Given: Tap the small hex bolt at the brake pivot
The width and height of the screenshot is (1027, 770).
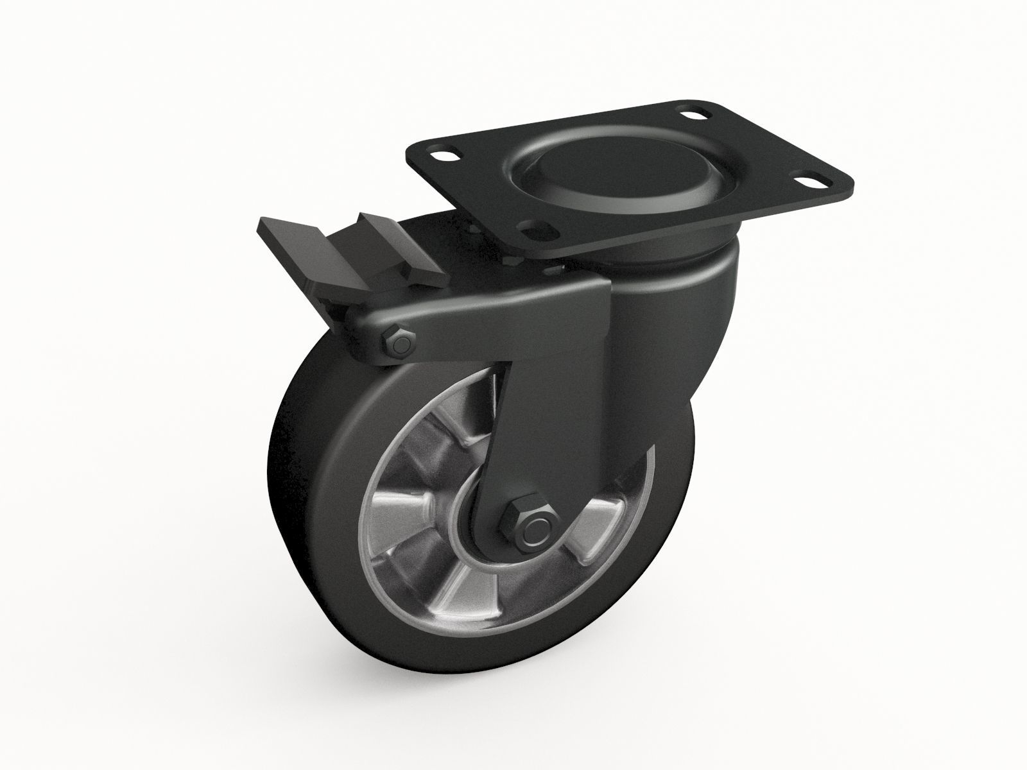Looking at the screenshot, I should tap(401, 344).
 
